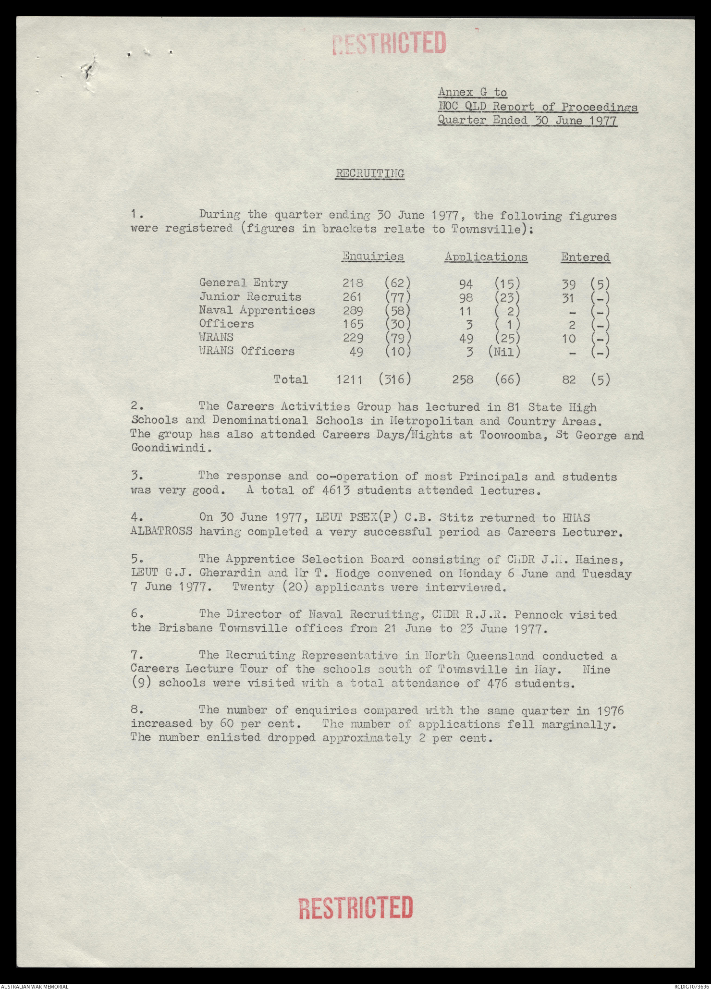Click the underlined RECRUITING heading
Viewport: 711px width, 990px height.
point(369,173)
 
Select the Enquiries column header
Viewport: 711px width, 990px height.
point(373,257)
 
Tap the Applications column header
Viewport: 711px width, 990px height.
point(486,257)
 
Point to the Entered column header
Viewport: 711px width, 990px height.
point(585,257)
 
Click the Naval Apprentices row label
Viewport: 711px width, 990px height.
point(257,310)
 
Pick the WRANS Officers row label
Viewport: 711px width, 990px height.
point(246,351)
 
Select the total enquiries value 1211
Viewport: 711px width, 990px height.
point(349,379)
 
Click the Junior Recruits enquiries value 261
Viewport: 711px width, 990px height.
point(353,297)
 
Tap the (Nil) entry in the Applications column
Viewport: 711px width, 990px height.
point(504,352)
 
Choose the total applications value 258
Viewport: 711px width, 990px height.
point(463,379)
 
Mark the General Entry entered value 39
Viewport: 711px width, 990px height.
point(569,283)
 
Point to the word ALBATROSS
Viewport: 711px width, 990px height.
point(161,532)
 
